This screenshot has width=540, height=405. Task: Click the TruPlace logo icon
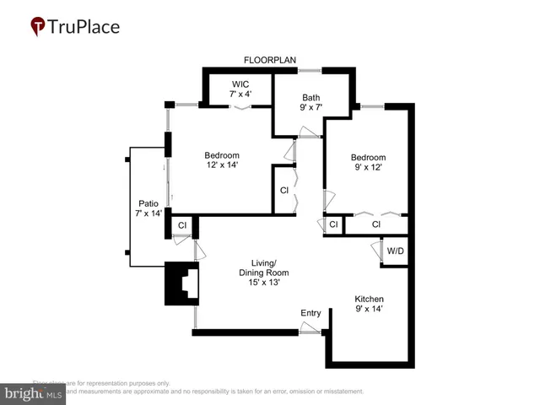tap(38, 27)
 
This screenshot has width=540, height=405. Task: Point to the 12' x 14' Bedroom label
tap(222, 160)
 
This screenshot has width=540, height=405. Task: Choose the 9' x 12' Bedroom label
tap(368, 163)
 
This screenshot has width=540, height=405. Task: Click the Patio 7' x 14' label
tap(148, 208)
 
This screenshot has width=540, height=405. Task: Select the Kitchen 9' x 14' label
tap(369, 305)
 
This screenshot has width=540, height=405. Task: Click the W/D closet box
tap(395, 252)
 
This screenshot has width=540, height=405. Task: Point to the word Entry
tap(310, 314)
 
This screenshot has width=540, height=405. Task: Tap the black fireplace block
tap(180, 283)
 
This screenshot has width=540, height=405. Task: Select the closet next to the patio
tap(181, 225)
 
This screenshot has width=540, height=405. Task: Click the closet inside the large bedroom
tap(284, 190)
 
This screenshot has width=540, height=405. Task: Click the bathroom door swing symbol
tap(309, 132)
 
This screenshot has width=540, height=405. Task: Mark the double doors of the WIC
tap(242, 107)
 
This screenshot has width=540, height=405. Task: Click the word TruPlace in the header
tap(85, 27)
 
